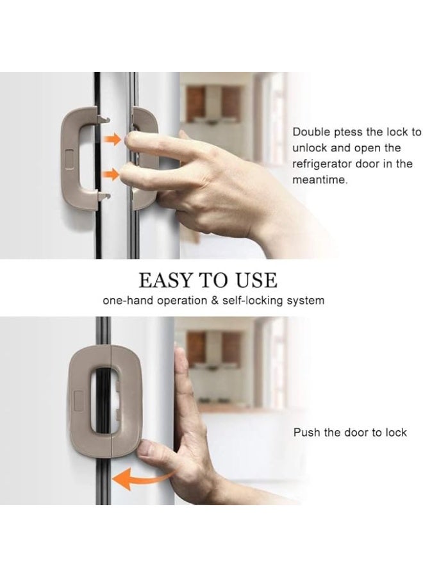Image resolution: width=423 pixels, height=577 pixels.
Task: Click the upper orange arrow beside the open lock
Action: click(x=113, y=140)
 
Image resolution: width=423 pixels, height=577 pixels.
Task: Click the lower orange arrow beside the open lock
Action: click(x=113, y=173)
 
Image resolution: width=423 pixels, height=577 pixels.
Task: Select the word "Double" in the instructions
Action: click(x=310, y=133)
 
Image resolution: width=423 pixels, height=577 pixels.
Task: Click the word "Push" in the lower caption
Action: click(x=306, y=433)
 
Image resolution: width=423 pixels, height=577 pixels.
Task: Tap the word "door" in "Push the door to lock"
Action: click(x=357, y=433)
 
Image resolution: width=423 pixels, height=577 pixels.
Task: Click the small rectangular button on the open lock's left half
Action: click(x=69, y=156)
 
